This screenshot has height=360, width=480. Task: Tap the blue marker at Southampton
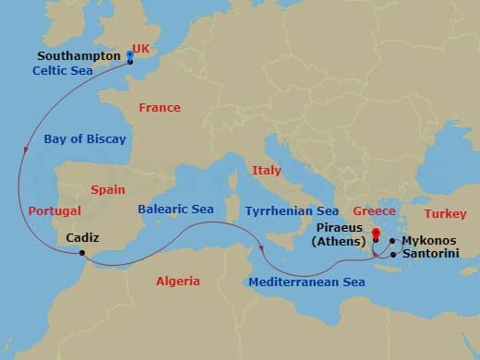point(129,56)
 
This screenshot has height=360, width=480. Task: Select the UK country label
point(141,46)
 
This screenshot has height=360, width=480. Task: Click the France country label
point(159,108)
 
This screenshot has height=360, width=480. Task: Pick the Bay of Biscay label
point(84,138)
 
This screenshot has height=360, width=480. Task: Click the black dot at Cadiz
point(82,253)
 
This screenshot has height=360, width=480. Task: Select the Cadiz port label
point(83,238)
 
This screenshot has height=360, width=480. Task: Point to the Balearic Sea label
point(175,210)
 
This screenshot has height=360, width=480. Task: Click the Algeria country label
point(177,281)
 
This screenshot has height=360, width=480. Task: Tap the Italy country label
point(267,170)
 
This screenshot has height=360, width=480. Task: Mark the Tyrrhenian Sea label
point(292,211)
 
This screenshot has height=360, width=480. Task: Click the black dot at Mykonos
point(393,241)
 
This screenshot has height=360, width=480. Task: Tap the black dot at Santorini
point(394,253)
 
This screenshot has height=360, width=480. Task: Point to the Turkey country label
point(445,213)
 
